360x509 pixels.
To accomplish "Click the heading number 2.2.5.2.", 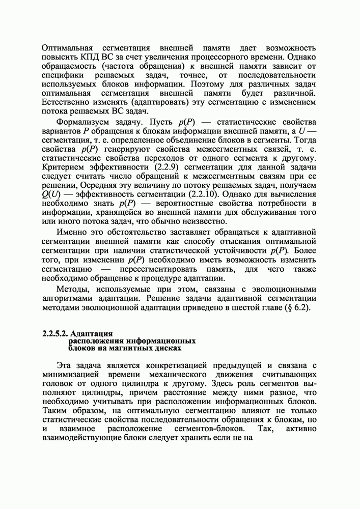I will tap(54, 334).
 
